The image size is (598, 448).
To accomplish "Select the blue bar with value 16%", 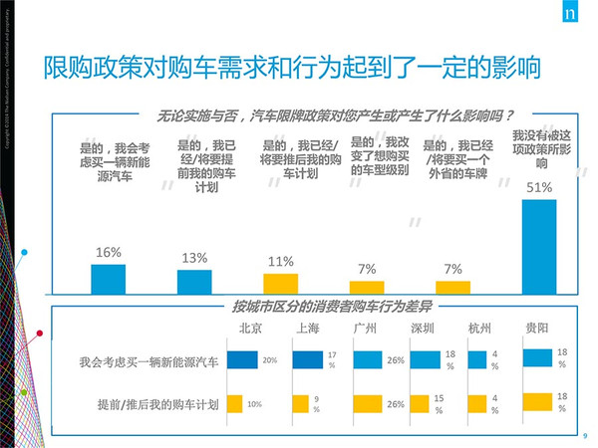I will click(x=108, y=279).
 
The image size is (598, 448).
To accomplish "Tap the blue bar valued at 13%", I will click(x=193, y=282).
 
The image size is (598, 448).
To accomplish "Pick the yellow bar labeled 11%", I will click(x=280, y=284).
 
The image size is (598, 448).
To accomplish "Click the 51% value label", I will click(x=539, y=187).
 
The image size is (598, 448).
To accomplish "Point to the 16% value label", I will click(x=108, y=253).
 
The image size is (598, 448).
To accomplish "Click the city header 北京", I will click(x=250, y=330).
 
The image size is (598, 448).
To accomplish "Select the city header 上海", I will click(x=308, y=330).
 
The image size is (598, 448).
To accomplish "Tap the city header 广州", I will click(x=365, y=330).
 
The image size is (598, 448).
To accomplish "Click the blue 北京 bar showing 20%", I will click(x=242, y=361).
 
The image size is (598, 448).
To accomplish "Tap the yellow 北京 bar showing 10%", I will click(x=235, y=404).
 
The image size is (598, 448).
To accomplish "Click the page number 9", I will click(x=584, y=435).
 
